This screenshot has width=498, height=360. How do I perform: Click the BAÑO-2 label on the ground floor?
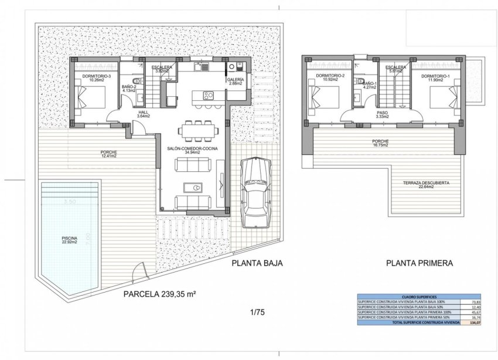pos(129,89)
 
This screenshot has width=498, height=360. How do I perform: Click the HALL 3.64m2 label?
pos(144,114)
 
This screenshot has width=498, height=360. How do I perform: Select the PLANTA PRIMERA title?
pos(419,263)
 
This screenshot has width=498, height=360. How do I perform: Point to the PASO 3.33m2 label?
pos(381,114)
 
